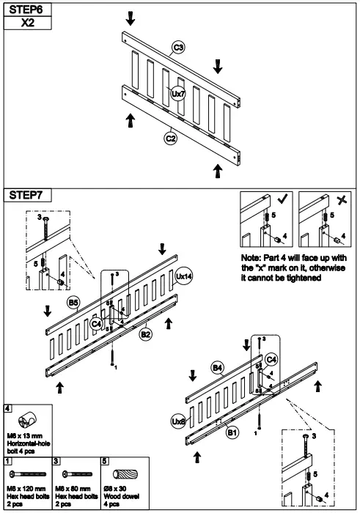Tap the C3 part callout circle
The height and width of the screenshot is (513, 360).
point(178,48)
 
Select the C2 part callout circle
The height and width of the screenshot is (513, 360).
point(170,136)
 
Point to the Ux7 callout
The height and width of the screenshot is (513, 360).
point(177,94)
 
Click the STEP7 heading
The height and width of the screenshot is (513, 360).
point(27,196)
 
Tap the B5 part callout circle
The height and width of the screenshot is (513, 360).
point(74,302)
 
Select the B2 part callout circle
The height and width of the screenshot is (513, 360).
point(146,335)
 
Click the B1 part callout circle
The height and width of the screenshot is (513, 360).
point(232,434)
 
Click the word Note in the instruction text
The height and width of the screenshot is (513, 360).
point(253,259)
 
